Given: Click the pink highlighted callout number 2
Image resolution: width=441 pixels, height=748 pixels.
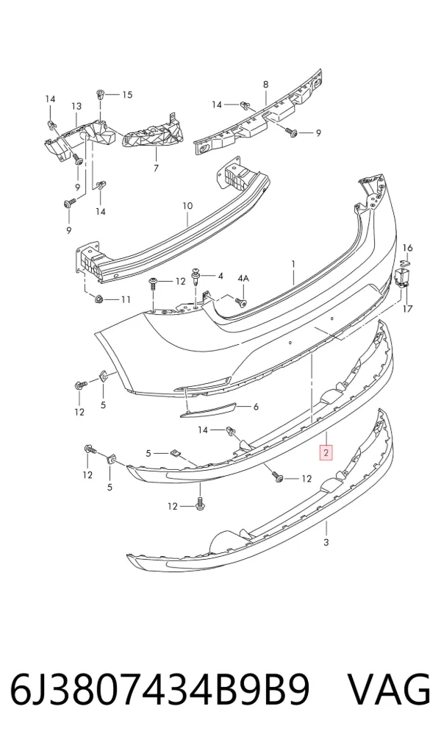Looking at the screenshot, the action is tap(326, 452).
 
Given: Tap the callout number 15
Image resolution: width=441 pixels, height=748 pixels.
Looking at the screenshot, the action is tap(127, 94).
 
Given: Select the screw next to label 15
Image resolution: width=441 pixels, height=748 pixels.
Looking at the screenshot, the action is tap(101, 94).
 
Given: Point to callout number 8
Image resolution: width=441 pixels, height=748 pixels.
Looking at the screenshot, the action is tap(265, 85).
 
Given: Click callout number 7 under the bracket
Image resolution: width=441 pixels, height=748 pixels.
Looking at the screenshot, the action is tap(156, 168).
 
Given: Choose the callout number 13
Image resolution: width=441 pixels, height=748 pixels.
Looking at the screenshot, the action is tap(76, 106).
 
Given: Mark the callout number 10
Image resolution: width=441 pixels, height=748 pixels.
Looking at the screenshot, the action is tap(187, 206).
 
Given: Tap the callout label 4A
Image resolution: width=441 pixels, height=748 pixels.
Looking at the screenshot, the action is tap(243, 278).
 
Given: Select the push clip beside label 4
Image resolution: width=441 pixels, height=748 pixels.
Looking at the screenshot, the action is tap(196, 277).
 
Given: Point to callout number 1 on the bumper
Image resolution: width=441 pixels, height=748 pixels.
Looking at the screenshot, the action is tap(294, 264).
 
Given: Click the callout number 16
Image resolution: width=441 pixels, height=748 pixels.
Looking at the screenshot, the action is tap(408, 248).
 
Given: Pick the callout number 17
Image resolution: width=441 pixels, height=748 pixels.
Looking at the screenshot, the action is tap(408, 309).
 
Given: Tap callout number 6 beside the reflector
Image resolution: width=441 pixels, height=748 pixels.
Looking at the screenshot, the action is tap(256, 407).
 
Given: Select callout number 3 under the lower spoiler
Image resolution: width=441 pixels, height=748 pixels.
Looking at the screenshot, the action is tap(326, 542).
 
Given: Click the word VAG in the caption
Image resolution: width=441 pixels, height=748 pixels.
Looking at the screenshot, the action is tap(390, 690).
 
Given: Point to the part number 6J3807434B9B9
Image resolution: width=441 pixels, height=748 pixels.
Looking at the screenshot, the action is tap(160, 690).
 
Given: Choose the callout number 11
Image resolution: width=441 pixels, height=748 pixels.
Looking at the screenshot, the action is tap(126, 299).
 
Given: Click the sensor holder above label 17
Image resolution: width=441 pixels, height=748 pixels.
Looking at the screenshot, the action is tap(401, 277).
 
